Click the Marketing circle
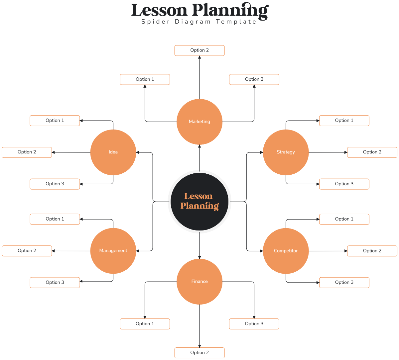click(x=199, y=122)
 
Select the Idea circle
click(x=113, y=152)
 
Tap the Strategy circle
click(x=286, y=152)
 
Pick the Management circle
click(x=113, y=251)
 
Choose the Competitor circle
click(x=286, y=251)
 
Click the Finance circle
click(x=199, y=282)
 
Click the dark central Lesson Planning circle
click(x=199, y=202)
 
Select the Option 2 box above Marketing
click(x=199, y=50)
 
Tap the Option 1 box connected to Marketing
click(x=145, y=79)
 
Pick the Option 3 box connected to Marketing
click(x=254, y=79)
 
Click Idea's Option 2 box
click(x=27, y=152)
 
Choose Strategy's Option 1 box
click(x=344, y=121)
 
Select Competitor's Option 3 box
click(x=344, y=282)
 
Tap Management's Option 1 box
click(x=55, y=219)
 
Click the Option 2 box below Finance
click(x=199, y=353)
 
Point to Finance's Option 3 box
click(x=254, y=324)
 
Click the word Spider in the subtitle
click(x=156, y=22)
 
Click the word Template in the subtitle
click(x=236, y=22)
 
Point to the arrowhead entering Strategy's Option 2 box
click(x=346, y=152)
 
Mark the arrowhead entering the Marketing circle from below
click(x=199, y=146)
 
